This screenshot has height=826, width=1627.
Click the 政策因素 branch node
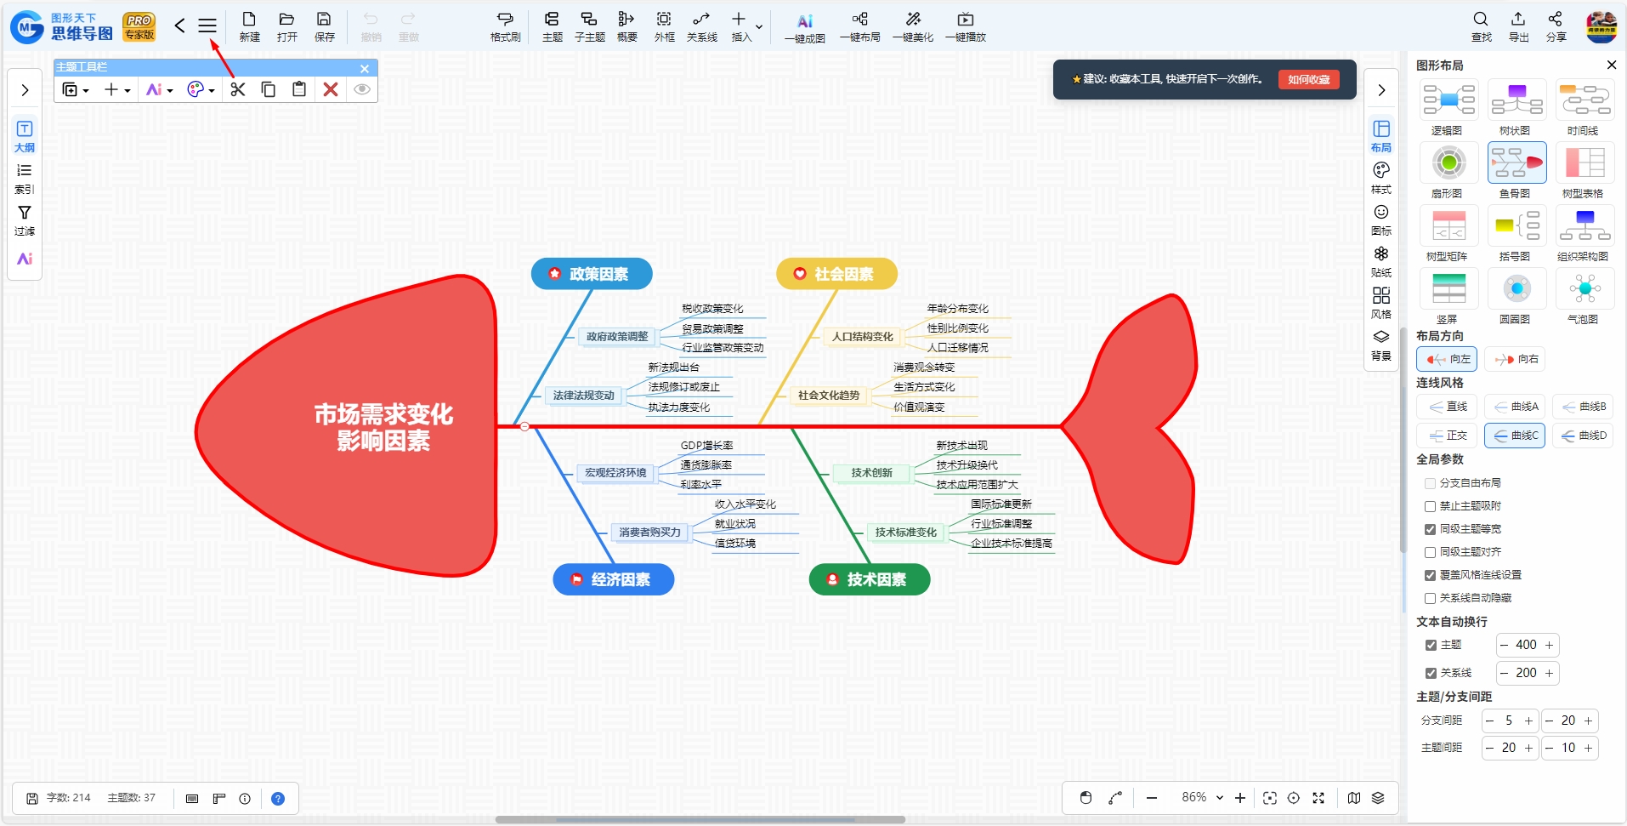coord(592,274)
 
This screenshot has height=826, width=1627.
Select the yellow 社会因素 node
coord(836,274)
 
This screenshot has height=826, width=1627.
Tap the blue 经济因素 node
coord(614,579)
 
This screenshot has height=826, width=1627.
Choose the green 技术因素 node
coord(870,579)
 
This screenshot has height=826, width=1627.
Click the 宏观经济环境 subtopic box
coord(615,473)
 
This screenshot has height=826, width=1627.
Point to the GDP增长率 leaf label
coord(706,446)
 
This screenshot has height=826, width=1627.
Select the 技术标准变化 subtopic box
coord(905,533)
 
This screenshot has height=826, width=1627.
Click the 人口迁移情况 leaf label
coord(957,348)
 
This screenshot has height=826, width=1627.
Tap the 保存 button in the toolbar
coord(324,26)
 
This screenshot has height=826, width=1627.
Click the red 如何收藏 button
coord(1308,79)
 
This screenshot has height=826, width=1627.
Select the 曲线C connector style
coord(1515,436)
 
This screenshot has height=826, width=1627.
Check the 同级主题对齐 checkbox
coord(1430,552)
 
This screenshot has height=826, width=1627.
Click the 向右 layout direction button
coord(1515,359)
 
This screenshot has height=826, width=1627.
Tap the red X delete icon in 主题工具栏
coord(331,89)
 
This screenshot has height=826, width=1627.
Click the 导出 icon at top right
coord(1518,26)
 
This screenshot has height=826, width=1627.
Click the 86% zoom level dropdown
coord(1202,797)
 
